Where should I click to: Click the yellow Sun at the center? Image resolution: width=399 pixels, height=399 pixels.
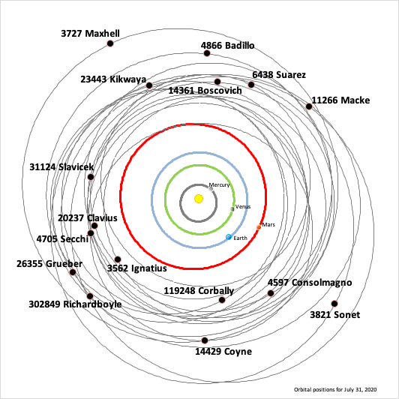click(x=199, y=199)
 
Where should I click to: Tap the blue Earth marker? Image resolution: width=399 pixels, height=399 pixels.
click(x=229, y=237)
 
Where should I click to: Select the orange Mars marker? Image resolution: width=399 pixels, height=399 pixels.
click(x=259, y=227)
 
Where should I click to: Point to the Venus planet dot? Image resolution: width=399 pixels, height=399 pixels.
click(x=232, y=209)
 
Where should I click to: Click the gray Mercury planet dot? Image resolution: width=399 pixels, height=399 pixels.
click(x=211, y=189)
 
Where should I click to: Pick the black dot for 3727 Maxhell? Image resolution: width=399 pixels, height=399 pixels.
click(x=110, y=43)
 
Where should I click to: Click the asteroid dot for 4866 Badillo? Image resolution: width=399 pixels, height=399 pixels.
click(x=207, y=53)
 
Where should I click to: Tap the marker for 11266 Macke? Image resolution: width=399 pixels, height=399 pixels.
click(x=309, y=106)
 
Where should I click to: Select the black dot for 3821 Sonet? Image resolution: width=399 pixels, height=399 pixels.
click(x=334, y=304)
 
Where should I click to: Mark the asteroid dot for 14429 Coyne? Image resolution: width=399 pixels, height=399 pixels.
click(x=205, y=340)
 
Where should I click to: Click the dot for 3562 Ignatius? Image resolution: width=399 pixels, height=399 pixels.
click(x=118, y=259)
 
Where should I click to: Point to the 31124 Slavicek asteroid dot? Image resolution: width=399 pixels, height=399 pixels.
click(x=91, y=177)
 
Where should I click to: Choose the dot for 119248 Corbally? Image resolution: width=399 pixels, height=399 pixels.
click(x=222, y=300)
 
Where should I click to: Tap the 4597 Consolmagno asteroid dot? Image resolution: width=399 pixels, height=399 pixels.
click(x=271, y=293)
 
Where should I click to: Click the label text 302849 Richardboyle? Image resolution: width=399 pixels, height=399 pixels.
click(x=75, y=304)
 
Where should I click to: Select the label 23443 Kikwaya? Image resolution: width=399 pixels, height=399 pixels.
click(x=113, y=79)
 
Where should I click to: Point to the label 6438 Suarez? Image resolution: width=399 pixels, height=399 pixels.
click(x=279, y=75)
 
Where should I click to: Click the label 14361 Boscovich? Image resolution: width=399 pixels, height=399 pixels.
click(x=205, y=91)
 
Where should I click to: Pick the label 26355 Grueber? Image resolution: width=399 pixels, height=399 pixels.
click(x=49, y=264)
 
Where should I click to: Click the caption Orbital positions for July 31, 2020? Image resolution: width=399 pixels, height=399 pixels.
click(x=335, y=389)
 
